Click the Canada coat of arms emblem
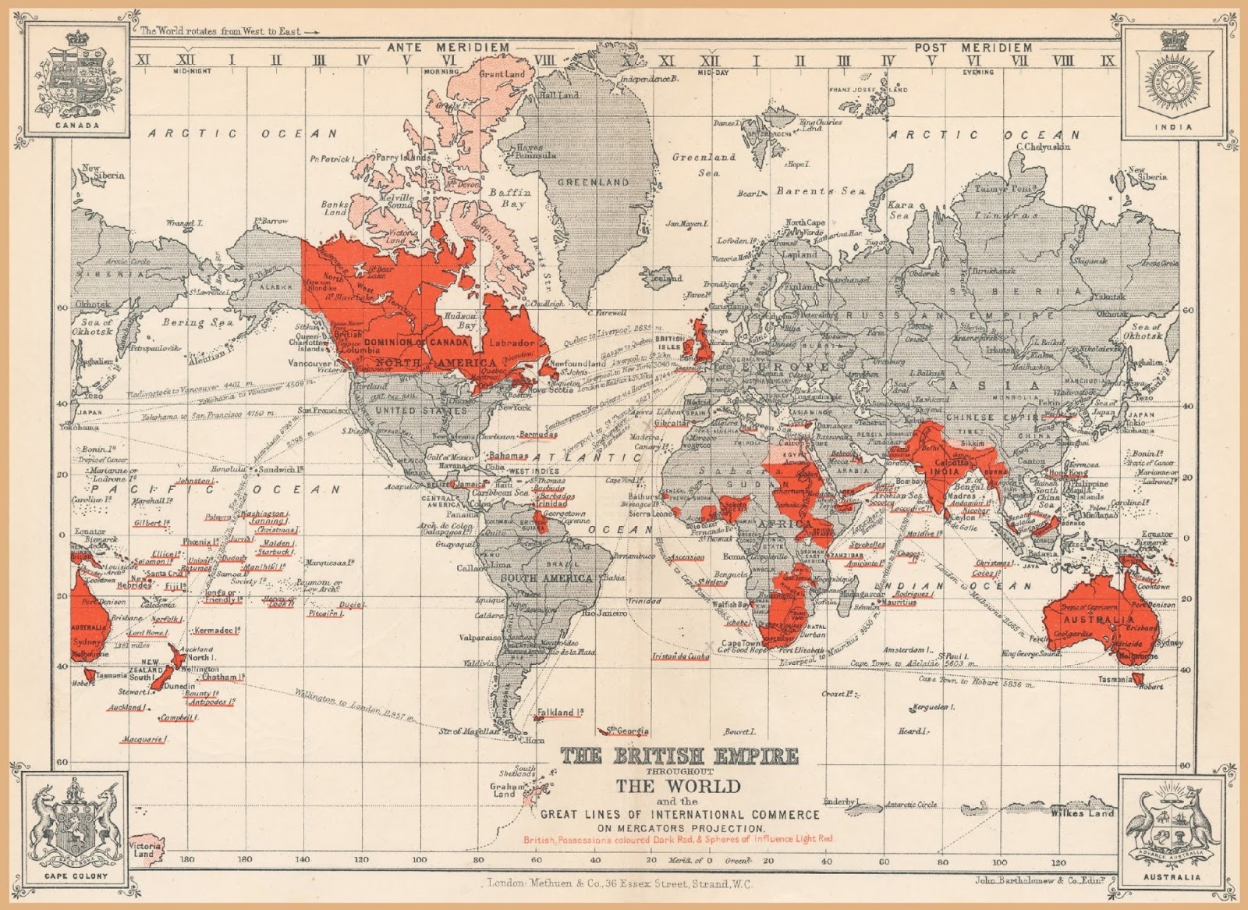click(76, 76)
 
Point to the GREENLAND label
click(593, 182)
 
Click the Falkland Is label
click(559, 713)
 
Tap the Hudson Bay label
click(459, 321)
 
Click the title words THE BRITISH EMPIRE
click(679, 755)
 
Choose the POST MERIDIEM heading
click(973, 48)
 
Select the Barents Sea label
click(820, 191)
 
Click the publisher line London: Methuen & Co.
click(619, 883)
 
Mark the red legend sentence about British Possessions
click(679, 839)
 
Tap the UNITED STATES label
click(411, 410)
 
